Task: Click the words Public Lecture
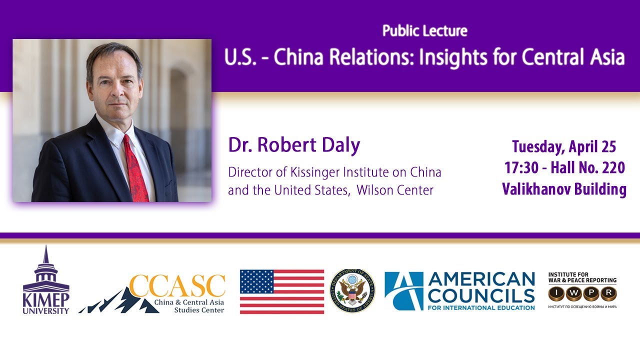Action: click(424, 31)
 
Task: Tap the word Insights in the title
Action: click(450, 58)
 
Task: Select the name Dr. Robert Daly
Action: click(294, 145)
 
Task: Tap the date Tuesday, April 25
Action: click(564, 146)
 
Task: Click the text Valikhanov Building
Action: click(564, 189)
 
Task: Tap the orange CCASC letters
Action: click(177, 286)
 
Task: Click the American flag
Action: click(281, 291)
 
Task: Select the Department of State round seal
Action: click(351, 291)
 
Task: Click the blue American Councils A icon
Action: click(403, 291)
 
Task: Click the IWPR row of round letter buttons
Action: click(582, 294)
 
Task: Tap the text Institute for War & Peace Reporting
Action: click(582, 277)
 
